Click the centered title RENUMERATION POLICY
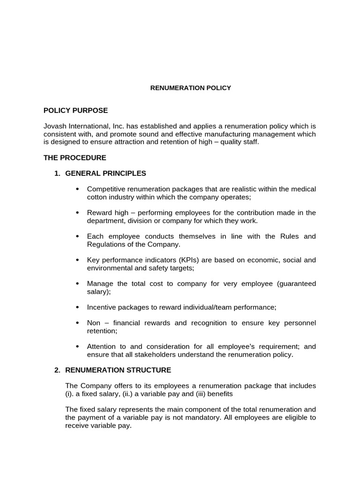(x=190, y=88)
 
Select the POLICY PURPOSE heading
(x=75, y=111)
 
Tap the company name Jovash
(x=55, y=126)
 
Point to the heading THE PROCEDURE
(x=75, y=157)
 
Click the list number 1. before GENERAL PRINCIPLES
(x=57, y=173)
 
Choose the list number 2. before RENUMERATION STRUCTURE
(x=57, y=370)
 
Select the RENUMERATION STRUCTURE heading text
(x=118, y=370)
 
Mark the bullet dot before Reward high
(x=77, y=213)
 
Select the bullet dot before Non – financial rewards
(x=77, y=323)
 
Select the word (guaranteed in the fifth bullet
(x=297, y=284)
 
